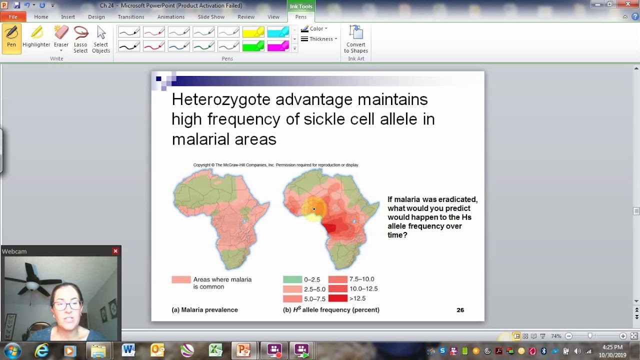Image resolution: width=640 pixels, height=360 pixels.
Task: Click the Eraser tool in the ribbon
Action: pyautogui.click(x=61, y=37)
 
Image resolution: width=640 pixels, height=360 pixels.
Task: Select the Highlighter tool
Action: pyautogui.click(x=36, y=37)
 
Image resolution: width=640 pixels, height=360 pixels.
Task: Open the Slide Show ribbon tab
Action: pyautogui.click(x=210, y=17)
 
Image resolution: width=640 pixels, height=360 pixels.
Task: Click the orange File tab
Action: pyautogui.click(x=13, y=17)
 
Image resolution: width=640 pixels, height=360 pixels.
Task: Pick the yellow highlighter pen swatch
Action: pyautogui.click(x=253, y=32)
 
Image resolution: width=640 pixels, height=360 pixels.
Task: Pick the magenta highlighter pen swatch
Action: pyautogui.click(x=278, y=46)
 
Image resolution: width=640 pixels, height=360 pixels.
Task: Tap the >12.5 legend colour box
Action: pyautogui.click(x=338, y=298)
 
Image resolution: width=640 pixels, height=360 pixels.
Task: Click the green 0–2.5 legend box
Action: pyautogui.click(x=292, y=280)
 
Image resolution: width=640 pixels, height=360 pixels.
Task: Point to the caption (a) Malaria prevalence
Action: pyautogui.click(x=204, y=310)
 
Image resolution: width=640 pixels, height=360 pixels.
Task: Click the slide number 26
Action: pyautogui.click(x=460, y=310)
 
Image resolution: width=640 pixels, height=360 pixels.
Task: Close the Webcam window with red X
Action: pyautogui.click(x=115, y=251)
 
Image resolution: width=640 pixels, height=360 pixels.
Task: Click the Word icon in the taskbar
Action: pyautogui.click(x=128, y=350)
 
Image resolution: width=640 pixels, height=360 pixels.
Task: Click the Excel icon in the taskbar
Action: pyautogui.click(x=215, y=350)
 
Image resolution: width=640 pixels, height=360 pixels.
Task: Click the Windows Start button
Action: pyautogui.click(x=12, y=350)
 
